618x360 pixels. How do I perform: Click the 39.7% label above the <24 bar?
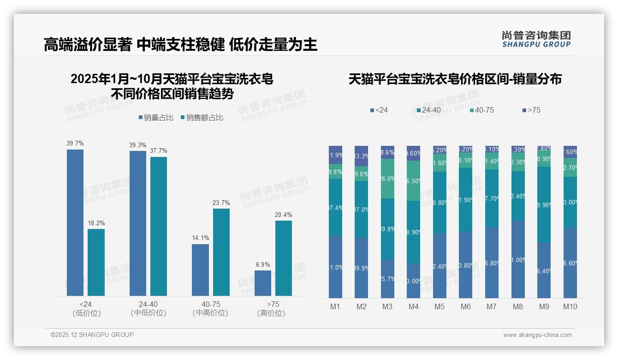(75, 144)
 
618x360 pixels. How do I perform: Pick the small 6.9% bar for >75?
(263, 283)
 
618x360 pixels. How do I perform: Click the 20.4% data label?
(284, 215)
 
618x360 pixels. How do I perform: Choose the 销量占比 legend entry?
(156, 118)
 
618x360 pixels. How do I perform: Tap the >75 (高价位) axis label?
(273, 308)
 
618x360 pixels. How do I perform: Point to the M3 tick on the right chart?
(387, 306)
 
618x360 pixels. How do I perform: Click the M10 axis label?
(570, 306)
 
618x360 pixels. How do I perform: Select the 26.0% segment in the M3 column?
(387, 179)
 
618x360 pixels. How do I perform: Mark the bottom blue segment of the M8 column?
(518, 259)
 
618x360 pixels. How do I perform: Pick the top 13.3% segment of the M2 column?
(361, 156)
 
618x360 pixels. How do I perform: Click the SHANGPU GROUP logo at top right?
(536, 39)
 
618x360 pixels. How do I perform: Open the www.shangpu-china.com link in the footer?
(537, 335)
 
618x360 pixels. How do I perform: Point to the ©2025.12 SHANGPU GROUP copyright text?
(92, 335)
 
